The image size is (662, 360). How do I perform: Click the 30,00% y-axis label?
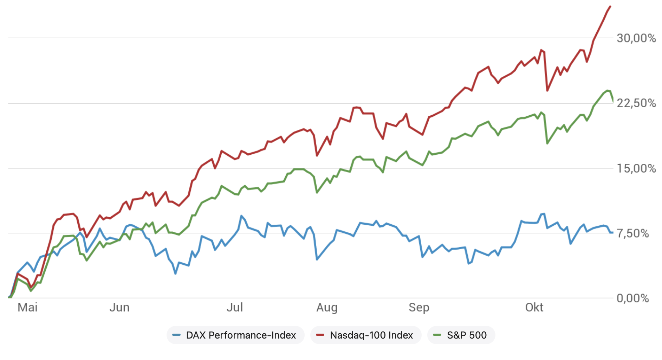coord(636,38)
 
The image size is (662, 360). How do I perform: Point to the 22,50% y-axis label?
coord(636,103)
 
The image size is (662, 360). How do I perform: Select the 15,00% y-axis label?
coord(636,168)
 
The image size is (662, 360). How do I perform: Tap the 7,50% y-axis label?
coord(632,233)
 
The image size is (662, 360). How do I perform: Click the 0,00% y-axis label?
coord(632,298)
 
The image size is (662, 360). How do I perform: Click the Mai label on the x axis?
coord(27,308)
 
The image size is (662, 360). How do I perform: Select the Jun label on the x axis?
coord(119,308)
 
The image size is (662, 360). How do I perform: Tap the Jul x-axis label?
coord(234,308)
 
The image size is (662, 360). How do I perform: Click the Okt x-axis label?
coord(534,308)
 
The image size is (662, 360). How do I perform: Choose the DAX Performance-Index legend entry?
coord(241,335)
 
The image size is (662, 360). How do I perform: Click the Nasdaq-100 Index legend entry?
coord(371,335)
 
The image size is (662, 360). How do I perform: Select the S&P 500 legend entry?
coord(467,335)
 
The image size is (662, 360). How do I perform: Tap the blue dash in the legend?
coord(176,335)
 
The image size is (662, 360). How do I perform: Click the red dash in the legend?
coord(320,335)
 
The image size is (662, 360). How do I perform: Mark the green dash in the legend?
coord(437,335)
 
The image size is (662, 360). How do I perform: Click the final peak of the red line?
coord(610,7)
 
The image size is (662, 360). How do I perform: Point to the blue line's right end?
coord(612,232)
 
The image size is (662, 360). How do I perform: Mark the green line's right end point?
coord(613,102)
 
